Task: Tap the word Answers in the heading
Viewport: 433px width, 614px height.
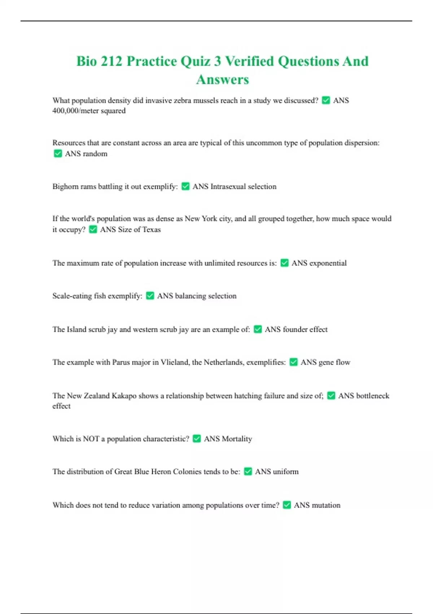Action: point(222,80)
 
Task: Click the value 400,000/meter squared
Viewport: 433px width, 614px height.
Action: point(89,111)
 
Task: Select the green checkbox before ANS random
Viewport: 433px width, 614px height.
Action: point(58,153)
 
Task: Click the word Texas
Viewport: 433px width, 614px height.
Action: point(152,230)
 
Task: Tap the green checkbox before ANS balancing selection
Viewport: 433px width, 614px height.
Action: point(150,296)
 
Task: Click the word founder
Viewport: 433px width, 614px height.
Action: point(295,329)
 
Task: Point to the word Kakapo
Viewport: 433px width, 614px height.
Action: point(124,396)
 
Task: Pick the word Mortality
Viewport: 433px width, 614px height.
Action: point(237,439)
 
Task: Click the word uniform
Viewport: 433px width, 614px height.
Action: point(285,472)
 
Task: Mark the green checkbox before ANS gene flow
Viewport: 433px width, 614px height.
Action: point(294,362)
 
